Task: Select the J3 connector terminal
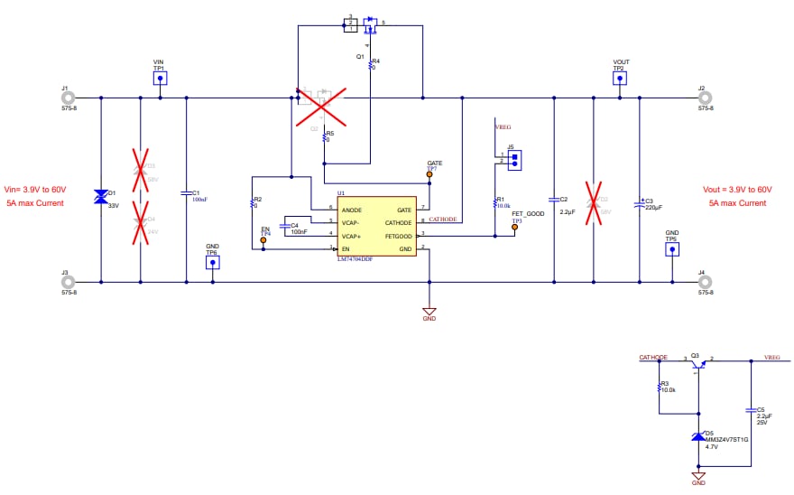(x=66, y=282)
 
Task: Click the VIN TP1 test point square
(x=160, y=79)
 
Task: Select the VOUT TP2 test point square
(x=619, y=79)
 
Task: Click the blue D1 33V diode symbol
(x=100, y=196)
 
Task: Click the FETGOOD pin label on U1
(x=397, y=235)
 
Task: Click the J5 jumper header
(x=514, y=159)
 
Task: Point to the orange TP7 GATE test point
(x=429, y=175)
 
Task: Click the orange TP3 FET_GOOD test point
(x=515, y=227)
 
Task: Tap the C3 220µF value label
(x=654, y=208)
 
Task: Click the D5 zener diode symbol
(x=697, y=436)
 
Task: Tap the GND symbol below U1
(x=429, y=310)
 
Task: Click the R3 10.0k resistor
(x=660, y=387)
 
